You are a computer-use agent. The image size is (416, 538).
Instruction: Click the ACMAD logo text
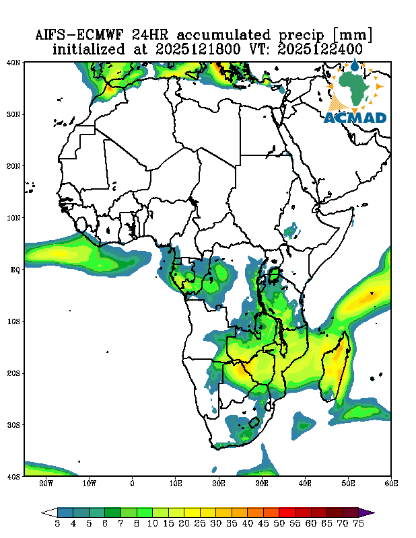(355, 118)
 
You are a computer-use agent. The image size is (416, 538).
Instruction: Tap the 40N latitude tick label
(13, 63)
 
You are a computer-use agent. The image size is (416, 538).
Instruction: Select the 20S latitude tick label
(13, 373)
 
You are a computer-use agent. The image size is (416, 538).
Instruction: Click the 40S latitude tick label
(13, 476)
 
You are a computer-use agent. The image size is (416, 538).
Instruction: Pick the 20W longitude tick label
(46, 484)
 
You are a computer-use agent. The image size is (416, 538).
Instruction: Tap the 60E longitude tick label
(391, 484)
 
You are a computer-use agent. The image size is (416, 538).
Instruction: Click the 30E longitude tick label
(262, 484)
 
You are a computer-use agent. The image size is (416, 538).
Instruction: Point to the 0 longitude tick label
(133, 484)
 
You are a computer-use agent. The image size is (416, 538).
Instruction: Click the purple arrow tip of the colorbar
(370, 512)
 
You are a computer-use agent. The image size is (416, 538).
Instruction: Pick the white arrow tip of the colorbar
(46, 512)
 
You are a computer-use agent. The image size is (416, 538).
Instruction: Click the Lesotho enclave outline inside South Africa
(254, 423)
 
